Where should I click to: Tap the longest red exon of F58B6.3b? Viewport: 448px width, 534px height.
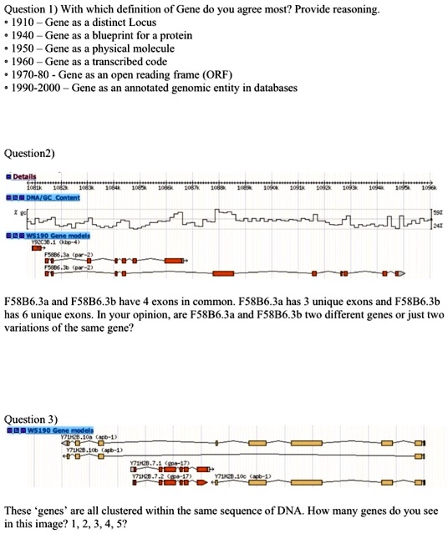225,272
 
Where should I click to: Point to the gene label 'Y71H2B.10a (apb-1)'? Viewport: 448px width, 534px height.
80,437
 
